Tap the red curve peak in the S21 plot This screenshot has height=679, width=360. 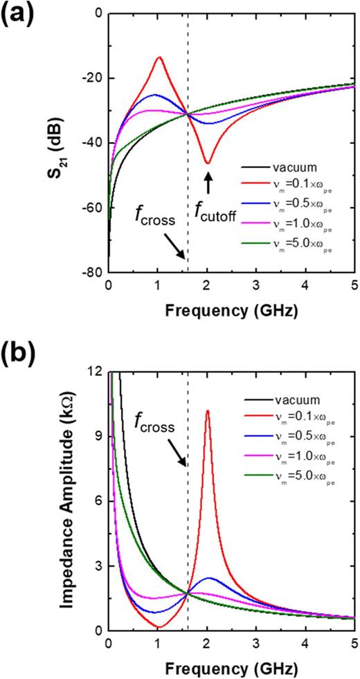coord(159,57)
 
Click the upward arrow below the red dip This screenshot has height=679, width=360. coord(208,181)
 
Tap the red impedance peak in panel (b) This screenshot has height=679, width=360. coord(208,411)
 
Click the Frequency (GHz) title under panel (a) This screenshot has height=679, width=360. coord(231,311)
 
